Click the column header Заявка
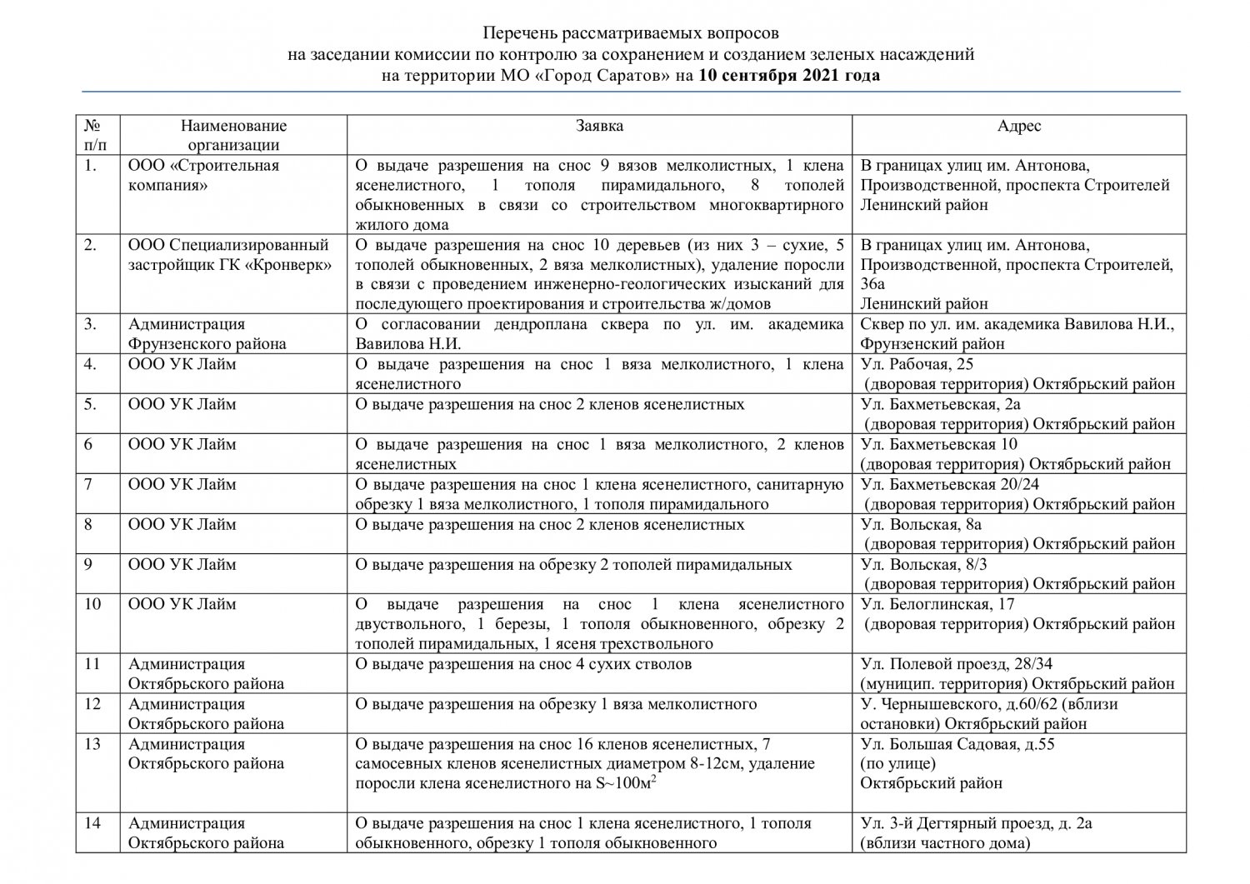599,126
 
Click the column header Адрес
1018,126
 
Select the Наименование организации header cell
233,135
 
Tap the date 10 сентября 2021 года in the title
788,75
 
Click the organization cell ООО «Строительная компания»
203,175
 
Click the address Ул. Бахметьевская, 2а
940,404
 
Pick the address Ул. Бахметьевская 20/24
949,484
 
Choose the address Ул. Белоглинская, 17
937,604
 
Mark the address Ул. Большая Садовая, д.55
957,744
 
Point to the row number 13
92,744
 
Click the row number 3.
90,324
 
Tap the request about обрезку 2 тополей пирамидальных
573,564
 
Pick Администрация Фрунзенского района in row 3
207,334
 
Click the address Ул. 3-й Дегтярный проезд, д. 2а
976,823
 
